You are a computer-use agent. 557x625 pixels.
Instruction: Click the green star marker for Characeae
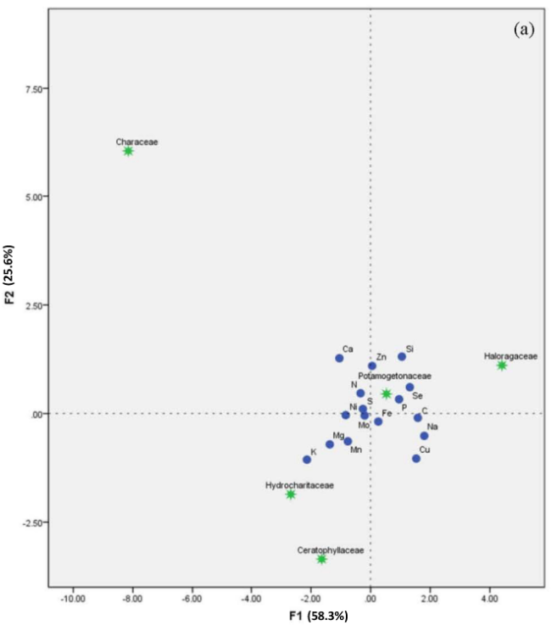click(x=128, y=151)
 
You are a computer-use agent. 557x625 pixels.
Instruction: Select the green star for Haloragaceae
click(x=502, y=366)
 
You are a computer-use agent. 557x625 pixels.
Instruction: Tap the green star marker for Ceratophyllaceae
click(x=321, y=559)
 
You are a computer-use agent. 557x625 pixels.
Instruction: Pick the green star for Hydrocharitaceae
click(x=291, y=494)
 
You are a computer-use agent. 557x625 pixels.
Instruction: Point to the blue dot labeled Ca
click(x=339, y=358)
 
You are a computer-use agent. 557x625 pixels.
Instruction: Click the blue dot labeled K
click(x=307, y=460)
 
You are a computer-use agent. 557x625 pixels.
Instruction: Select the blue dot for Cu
click(x=416, y=459)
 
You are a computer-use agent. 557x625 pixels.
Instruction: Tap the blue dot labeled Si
click(x=402, y=357)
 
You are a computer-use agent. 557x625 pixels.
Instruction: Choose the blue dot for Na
click(x=424, y=436)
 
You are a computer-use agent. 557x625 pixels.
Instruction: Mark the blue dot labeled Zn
click(x=371, y=366)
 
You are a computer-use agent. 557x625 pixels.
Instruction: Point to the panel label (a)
click(x=523, y=30)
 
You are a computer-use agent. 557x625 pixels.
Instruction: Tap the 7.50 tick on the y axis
click(x=34, y=88)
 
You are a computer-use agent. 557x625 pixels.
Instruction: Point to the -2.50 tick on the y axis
click(x=32, y=522)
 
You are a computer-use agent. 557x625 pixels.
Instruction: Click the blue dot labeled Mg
click(x=330, y=444)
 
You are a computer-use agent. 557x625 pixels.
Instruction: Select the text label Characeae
click(x=136, y=142)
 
